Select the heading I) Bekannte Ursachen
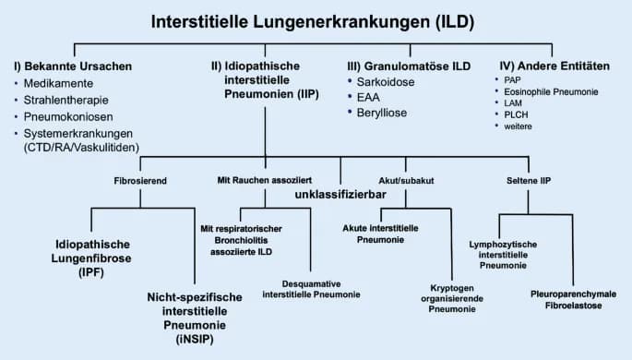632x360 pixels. click(73, 66)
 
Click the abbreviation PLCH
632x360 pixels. click(521, 114)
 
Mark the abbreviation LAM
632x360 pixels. click(519, 103)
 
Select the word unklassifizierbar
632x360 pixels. click(340, 196)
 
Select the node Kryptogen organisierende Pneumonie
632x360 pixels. click(451, 298)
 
